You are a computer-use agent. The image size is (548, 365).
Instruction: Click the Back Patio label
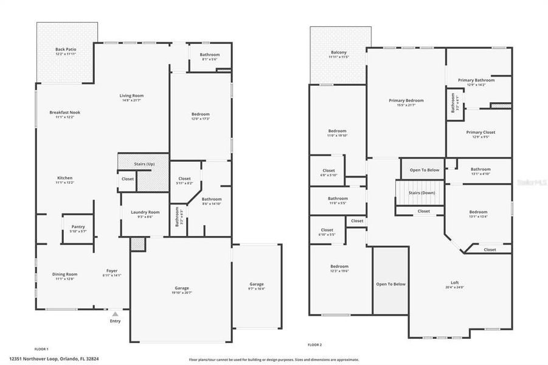[x=66, y=49]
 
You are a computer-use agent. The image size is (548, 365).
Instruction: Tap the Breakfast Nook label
[x=64, y=113]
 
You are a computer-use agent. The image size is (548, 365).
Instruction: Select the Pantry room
[x=78, y=229]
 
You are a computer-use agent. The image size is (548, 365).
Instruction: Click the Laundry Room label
[x=145, y=212]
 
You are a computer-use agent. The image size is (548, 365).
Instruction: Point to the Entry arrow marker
[x=115, y=313]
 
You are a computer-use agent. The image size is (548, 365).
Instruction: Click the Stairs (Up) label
[x=144, y=164]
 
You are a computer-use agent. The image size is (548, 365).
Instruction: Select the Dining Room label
[x=64, y=274]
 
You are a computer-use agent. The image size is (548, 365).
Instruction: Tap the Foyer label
[x=112, y=271]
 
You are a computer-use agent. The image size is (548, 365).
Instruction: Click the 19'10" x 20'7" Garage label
[x=181, y=288]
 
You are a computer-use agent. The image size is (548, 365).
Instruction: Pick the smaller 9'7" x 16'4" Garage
[x=257, y=286]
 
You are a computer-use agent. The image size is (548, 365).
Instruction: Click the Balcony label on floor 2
[x=339, y=52]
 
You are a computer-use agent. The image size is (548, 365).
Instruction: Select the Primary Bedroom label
[x=406, y=100]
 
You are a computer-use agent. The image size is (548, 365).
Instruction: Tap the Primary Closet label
[x=480, y=132]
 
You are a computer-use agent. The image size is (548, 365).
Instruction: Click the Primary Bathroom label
[x=476, y=80]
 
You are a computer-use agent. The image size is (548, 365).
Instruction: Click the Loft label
[x=454, y=282]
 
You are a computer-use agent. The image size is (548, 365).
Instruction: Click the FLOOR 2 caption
[x=314, y=345]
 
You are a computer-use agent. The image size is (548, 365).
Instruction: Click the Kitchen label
[x=64, y=178]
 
